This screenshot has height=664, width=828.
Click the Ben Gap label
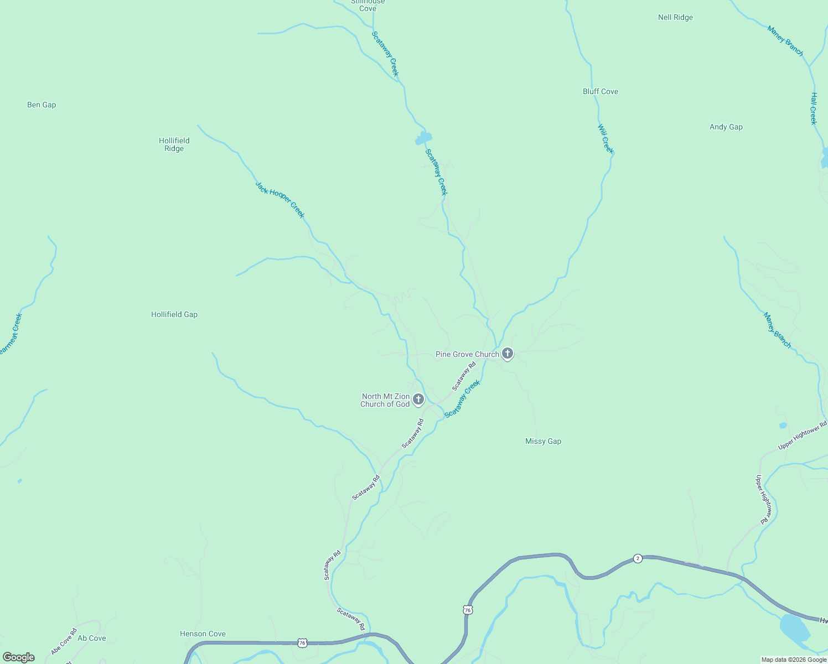(x=42, y=105)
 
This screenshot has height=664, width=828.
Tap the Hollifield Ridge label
(x=174, y=144)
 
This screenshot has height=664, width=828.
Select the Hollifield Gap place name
(x=174, y=314)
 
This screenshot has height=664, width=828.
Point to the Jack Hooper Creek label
(x=280, y=200)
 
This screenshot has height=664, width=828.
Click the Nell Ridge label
(x=675, y=17)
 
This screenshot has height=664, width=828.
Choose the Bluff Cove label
(x=601, y=91)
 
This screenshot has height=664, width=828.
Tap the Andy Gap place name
(x=726, y=127)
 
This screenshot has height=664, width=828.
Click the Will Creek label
(x=606, y=138)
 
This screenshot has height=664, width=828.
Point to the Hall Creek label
(x=814, y=108)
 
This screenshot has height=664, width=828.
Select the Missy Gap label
(x=543, y=441)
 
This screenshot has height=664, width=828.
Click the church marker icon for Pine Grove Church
(x=508, y=354)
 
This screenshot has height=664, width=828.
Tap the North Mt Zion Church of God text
(x=385, y=400)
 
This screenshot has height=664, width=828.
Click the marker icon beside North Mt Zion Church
(x=418, y=399)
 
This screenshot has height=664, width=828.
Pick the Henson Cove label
(x=203, y=634)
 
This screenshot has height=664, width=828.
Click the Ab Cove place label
(x=92, y=638)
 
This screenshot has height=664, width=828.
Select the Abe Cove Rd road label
(x=64, y=641)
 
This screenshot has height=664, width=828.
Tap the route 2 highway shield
(x=638, y=558)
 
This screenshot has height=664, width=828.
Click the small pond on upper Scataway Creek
(x=424, y=138)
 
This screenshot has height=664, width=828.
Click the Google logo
(x=19, y=657)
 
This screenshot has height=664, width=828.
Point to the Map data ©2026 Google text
(x=794, y=660)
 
